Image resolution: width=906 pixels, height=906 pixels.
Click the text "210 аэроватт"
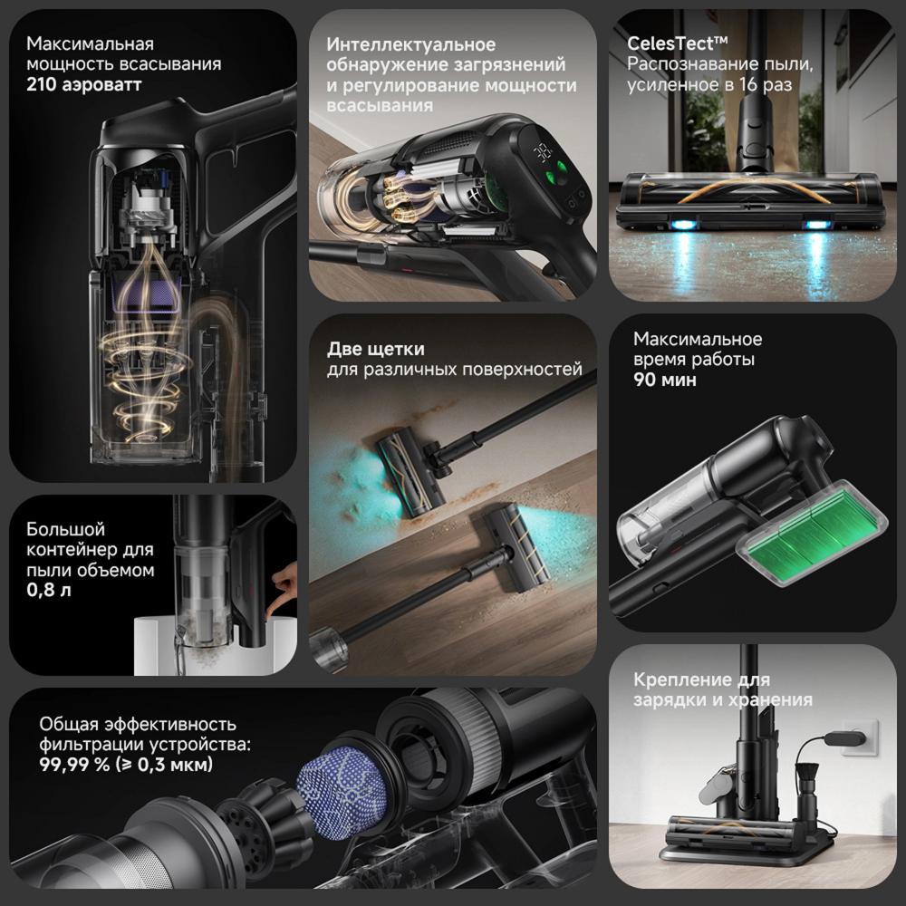83,85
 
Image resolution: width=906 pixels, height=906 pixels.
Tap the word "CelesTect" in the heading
670,43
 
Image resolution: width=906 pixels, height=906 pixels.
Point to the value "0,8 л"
49,590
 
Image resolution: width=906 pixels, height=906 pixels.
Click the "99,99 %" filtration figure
74,765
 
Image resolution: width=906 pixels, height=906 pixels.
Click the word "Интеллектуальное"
410,44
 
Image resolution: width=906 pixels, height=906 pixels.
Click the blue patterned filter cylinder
342,792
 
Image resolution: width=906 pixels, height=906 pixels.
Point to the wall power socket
861,737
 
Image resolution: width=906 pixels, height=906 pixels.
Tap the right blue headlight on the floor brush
815,225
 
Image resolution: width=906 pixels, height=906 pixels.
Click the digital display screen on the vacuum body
543,152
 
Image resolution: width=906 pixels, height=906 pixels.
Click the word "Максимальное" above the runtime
698,339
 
